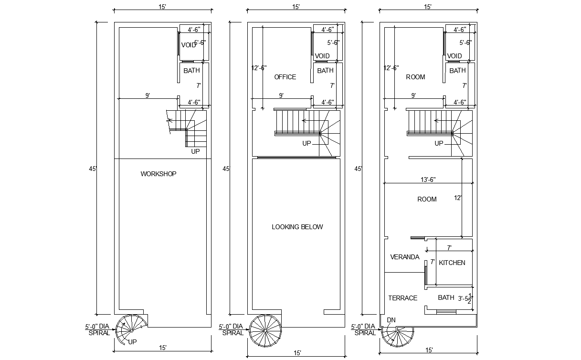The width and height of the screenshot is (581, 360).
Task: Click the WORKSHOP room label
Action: (158, 174)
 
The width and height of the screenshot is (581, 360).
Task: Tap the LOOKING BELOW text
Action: (297, 227)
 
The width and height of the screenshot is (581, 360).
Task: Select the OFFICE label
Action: (285, 77)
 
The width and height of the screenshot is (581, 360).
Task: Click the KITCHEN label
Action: (452, 263)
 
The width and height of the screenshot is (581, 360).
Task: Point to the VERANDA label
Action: (405, 257)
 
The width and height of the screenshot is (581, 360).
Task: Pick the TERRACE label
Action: (402, 298)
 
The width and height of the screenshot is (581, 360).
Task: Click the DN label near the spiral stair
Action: (391, 320)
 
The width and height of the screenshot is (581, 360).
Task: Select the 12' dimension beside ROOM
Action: (458, 198)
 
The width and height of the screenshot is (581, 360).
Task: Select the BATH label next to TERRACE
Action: (446, 297)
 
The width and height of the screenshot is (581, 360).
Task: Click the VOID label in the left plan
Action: (189, 45)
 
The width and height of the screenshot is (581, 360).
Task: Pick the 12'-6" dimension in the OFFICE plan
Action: (259, 68)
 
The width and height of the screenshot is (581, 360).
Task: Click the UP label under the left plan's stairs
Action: (195, 151)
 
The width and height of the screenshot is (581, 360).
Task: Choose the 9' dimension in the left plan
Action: (148, 95)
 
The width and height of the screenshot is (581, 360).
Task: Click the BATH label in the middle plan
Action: (325, 70)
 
